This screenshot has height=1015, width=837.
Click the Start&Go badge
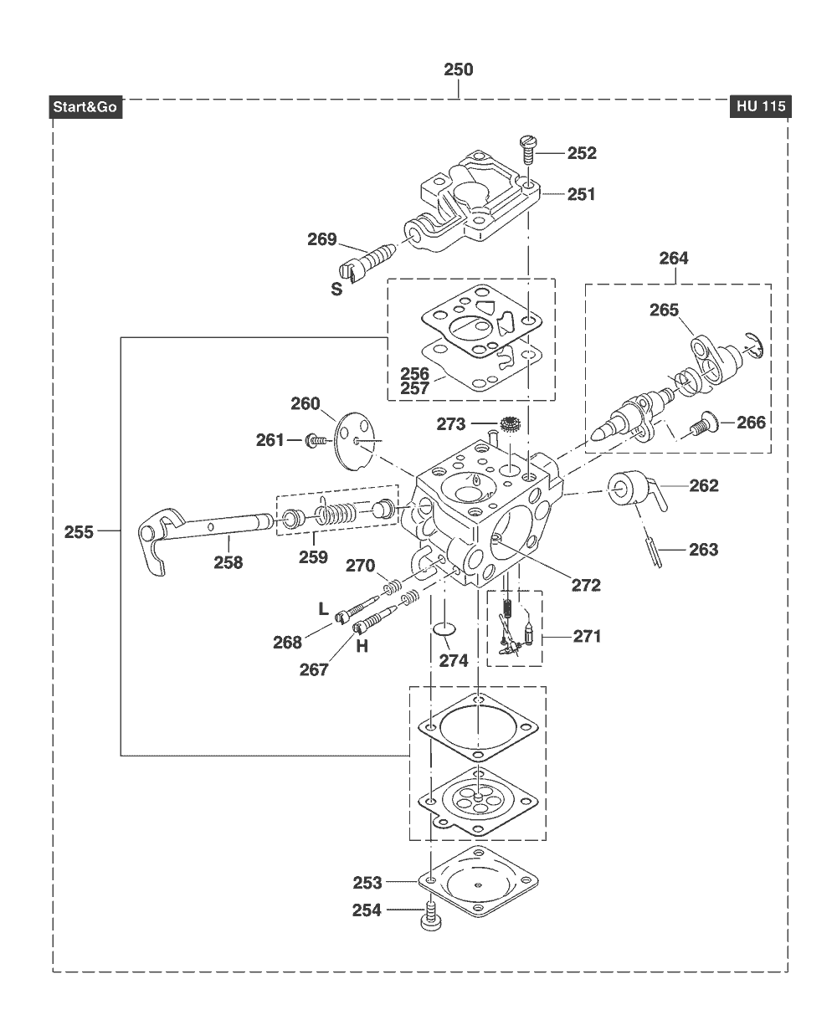(85, 107)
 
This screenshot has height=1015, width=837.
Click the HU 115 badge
(760, 106)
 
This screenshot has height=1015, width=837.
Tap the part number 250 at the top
(458, 69)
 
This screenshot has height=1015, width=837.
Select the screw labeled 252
(527, 151)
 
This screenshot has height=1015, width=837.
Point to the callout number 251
(582, 194)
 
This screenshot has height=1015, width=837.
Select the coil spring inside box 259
(336, 512)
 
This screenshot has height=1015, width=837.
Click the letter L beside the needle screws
(323, 608)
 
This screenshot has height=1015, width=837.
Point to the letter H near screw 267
(362, 647)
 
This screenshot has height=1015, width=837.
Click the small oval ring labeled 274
(444, 629)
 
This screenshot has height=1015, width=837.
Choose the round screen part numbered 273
(511, 425)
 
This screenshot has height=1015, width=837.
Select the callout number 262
(704, 485)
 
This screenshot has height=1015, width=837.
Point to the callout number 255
(79, 532)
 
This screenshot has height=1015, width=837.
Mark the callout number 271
(588, 636)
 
